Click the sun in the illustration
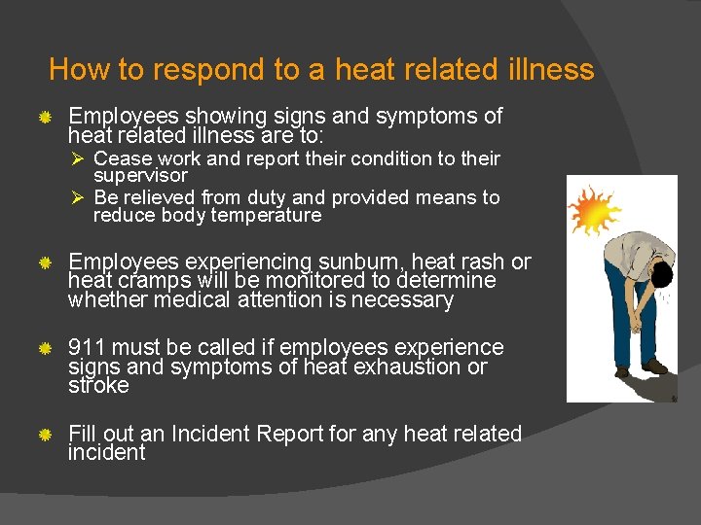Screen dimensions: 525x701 [x=594, y=209]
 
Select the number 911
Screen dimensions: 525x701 [x=87, y=347]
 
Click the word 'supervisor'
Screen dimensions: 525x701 [x=140, y=176]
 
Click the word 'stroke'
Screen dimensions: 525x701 [x=98, y=385]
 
